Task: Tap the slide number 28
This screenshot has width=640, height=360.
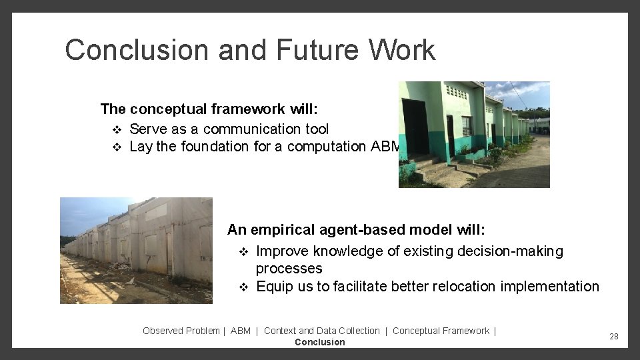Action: pos(613,337)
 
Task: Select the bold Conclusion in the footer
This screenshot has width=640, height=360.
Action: pos(319,342)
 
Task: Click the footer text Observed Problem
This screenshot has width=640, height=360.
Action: pos(181,331)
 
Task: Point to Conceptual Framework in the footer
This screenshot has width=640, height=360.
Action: pos(441,331)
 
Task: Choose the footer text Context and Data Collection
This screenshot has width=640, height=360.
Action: pos(321,331)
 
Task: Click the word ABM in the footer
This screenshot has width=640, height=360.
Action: pos(241,331)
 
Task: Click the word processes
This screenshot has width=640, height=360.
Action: pos(289,269)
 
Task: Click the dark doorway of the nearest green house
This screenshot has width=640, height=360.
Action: pos(415,126)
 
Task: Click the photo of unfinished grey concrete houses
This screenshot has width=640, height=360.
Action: pos(136,250)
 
